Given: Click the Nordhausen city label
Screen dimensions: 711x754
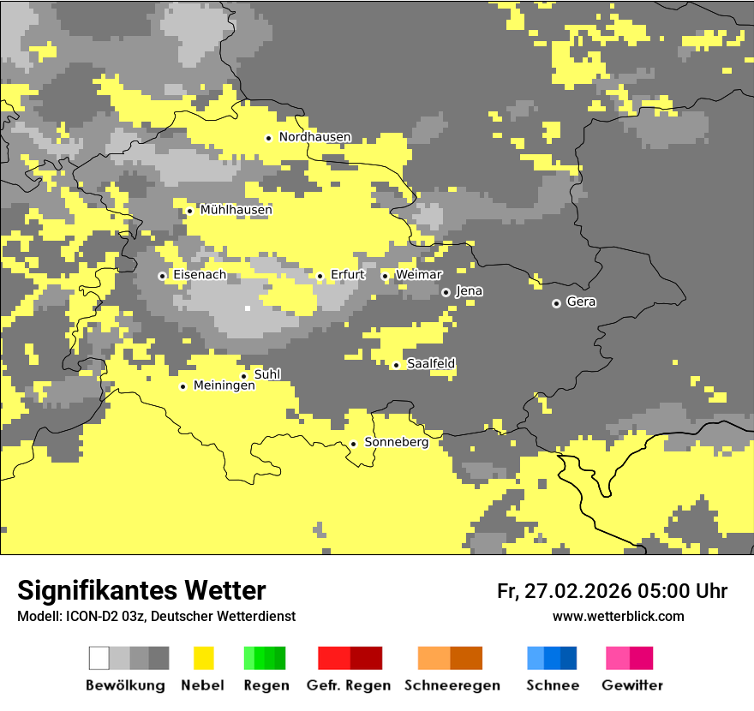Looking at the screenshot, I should point(314,137).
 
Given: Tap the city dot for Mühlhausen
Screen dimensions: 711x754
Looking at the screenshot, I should point(189,211).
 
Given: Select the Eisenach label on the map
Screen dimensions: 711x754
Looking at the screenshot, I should point(200,275).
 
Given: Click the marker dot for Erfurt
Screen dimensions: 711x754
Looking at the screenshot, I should point(320,276).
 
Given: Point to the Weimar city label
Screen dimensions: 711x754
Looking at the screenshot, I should point(419,275).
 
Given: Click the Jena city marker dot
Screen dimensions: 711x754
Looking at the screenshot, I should point(446,292).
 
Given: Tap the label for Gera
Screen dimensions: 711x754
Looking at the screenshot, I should point(582,302).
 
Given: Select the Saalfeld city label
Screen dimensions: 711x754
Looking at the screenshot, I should point(431,365).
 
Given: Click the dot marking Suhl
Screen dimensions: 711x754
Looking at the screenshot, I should point(243,376).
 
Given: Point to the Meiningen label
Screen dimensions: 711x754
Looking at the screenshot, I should point(224,386).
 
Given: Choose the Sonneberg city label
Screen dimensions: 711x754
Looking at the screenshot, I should point(397,443).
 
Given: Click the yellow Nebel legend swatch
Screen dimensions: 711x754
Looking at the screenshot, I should point(203,658).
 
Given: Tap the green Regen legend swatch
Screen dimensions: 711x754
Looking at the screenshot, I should point(265,658).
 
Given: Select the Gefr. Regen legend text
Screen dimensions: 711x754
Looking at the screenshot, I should point(348,685).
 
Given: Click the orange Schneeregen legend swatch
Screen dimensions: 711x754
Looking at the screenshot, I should point(450,658).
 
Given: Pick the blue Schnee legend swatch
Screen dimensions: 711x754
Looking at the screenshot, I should point(552,658).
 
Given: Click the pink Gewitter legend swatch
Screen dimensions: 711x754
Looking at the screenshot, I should point(629,658).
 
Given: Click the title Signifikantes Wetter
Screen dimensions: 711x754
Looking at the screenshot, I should point(141,591).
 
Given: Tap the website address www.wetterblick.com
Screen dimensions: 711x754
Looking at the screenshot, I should point(618,617).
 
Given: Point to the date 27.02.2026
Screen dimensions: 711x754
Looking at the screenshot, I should point(576,591).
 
